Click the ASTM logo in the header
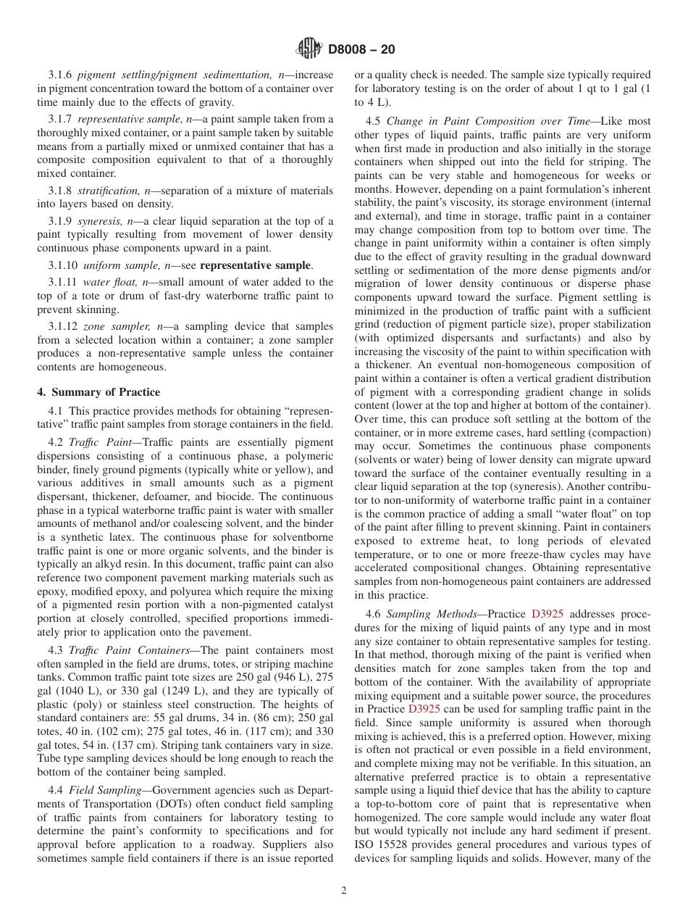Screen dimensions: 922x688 pos(310,49)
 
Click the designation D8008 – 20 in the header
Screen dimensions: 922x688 pos(361,50)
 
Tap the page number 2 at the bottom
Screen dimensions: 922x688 pos(344,891)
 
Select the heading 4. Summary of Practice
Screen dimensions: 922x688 pos(98,392)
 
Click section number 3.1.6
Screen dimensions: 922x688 pos(61,75)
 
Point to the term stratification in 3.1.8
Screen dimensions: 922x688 pos(109,191)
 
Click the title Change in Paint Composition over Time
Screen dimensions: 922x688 pos(484,121)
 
